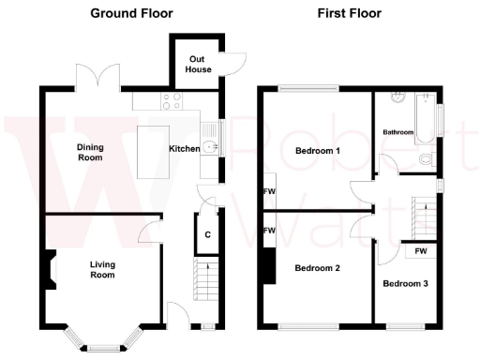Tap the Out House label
tap(198, 64)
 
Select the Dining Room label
tap(90, 153)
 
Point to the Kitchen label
tap(184, 149)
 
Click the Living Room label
tap(102, 269)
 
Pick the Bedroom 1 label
tap(317, 151)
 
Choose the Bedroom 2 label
tap(317, 269)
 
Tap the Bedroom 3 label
tap(404, 282)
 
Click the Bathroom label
tap(397, 132)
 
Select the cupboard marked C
tap(206, 234)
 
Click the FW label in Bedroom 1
tap(270, 192)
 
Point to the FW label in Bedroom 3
tap(421, 251)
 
